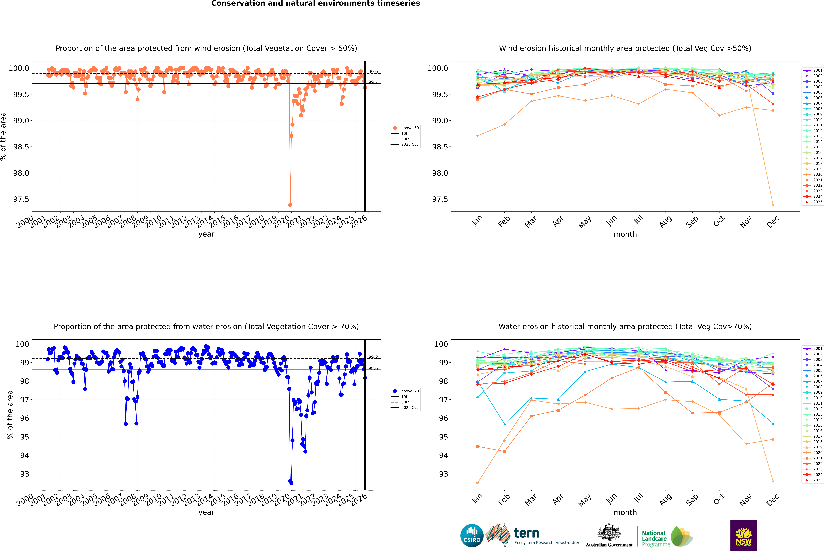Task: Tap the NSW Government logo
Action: click(744, 536)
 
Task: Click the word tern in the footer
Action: click(526, 533)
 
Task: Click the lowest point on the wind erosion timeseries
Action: click(290, 205)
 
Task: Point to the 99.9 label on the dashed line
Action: click(373, 72)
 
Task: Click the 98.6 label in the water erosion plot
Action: click(373, 368)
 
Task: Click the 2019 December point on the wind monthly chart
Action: click(773, 205)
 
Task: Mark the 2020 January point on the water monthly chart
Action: click(478, 483)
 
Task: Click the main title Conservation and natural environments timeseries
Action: click(315, 3)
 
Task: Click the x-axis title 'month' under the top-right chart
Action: click(625, 234)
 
